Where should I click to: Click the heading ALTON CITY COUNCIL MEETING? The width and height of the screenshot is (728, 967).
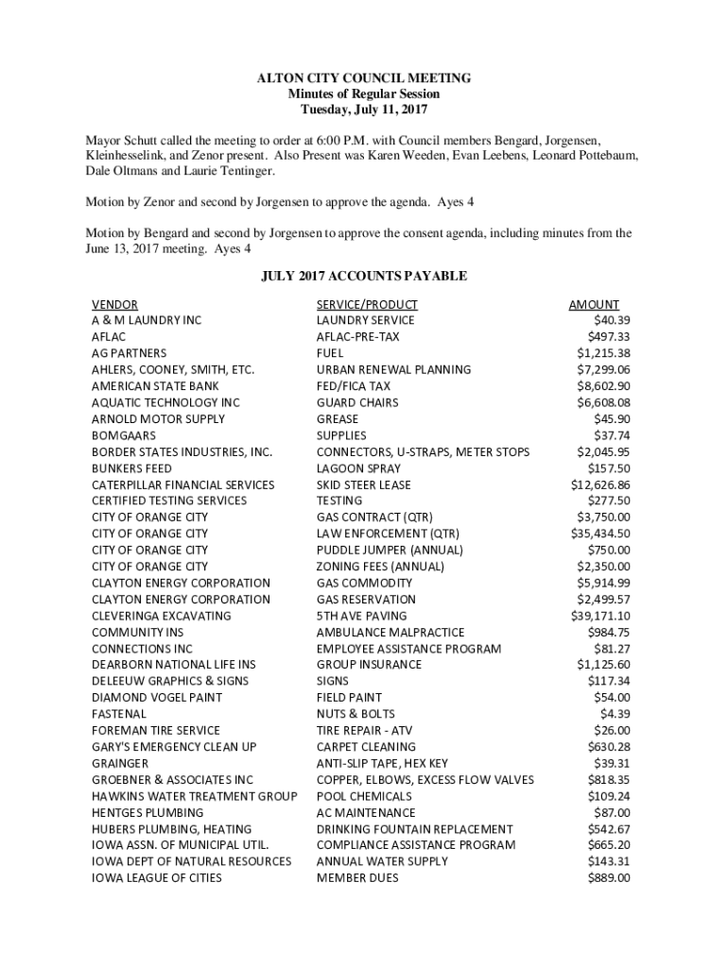coord(364,78)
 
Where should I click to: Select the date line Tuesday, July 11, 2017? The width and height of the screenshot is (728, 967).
coord(364,111)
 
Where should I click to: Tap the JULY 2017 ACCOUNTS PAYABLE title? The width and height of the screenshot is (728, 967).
coord(364,277)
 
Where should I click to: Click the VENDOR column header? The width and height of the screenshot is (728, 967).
coord(114,304)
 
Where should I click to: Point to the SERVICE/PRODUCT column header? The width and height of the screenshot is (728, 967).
coord(367,304)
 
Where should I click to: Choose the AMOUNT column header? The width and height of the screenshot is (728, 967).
coord(594,304)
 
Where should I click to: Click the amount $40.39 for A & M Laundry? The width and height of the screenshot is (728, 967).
coord(611,320)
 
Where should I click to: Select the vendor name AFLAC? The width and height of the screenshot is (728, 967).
coord(109,337)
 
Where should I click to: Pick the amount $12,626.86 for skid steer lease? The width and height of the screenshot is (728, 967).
coord(600,484)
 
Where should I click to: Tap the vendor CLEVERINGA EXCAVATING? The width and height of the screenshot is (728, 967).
coord(161,616)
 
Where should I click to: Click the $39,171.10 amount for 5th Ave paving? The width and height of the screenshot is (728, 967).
coord(600,616)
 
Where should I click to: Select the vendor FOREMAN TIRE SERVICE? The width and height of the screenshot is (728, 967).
coord(156,730)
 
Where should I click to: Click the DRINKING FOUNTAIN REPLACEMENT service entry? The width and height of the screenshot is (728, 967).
coord(415,829)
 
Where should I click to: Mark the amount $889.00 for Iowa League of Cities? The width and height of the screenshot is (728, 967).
coord(608,878)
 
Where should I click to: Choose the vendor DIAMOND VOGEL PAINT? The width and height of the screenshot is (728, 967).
coord(157,698)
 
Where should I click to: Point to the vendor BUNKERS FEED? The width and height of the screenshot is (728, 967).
coord(131,468)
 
